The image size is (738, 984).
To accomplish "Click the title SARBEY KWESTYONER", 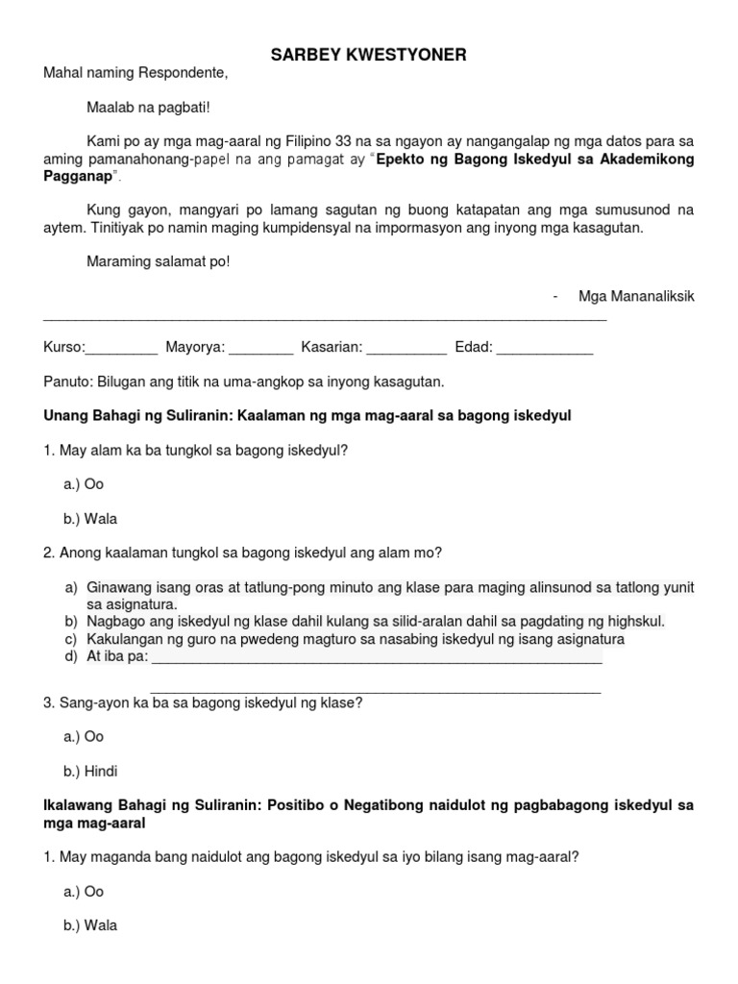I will (x=368, y=56).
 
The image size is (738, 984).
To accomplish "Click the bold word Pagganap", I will (x=79, y=177).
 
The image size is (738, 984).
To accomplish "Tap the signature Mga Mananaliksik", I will (x=635, y=296).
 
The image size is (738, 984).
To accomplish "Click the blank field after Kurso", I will (x=122, y=348).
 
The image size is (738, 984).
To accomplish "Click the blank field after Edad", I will (x=544, y=348).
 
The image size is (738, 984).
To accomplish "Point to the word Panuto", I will (x=68, y=381).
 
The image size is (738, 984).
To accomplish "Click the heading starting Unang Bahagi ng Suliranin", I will (x=307, y=415).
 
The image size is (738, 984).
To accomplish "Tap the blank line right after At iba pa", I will (x=377, y=659).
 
